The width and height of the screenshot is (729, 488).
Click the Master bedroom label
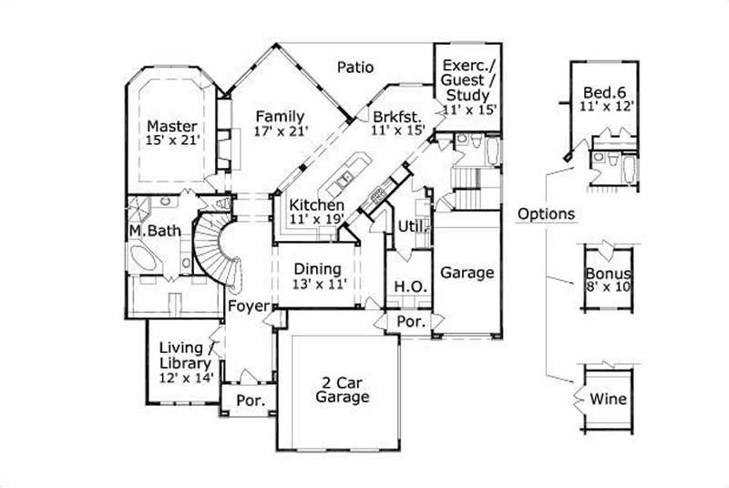point(173,125)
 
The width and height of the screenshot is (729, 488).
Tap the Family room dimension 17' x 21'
point(281,131)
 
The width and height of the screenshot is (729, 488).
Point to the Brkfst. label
point(398,117)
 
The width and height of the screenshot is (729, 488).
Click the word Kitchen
point(316,204)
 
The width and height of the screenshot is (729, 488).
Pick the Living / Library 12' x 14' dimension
point(185,377)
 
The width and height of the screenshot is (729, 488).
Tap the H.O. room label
point(406,286)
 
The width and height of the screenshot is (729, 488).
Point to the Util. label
point(407,224)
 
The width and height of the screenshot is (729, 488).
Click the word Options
point(545,214)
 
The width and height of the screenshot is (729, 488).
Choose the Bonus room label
point(609,274)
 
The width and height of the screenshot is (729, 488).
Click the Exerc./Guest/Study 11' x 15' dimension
point(468,109)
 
